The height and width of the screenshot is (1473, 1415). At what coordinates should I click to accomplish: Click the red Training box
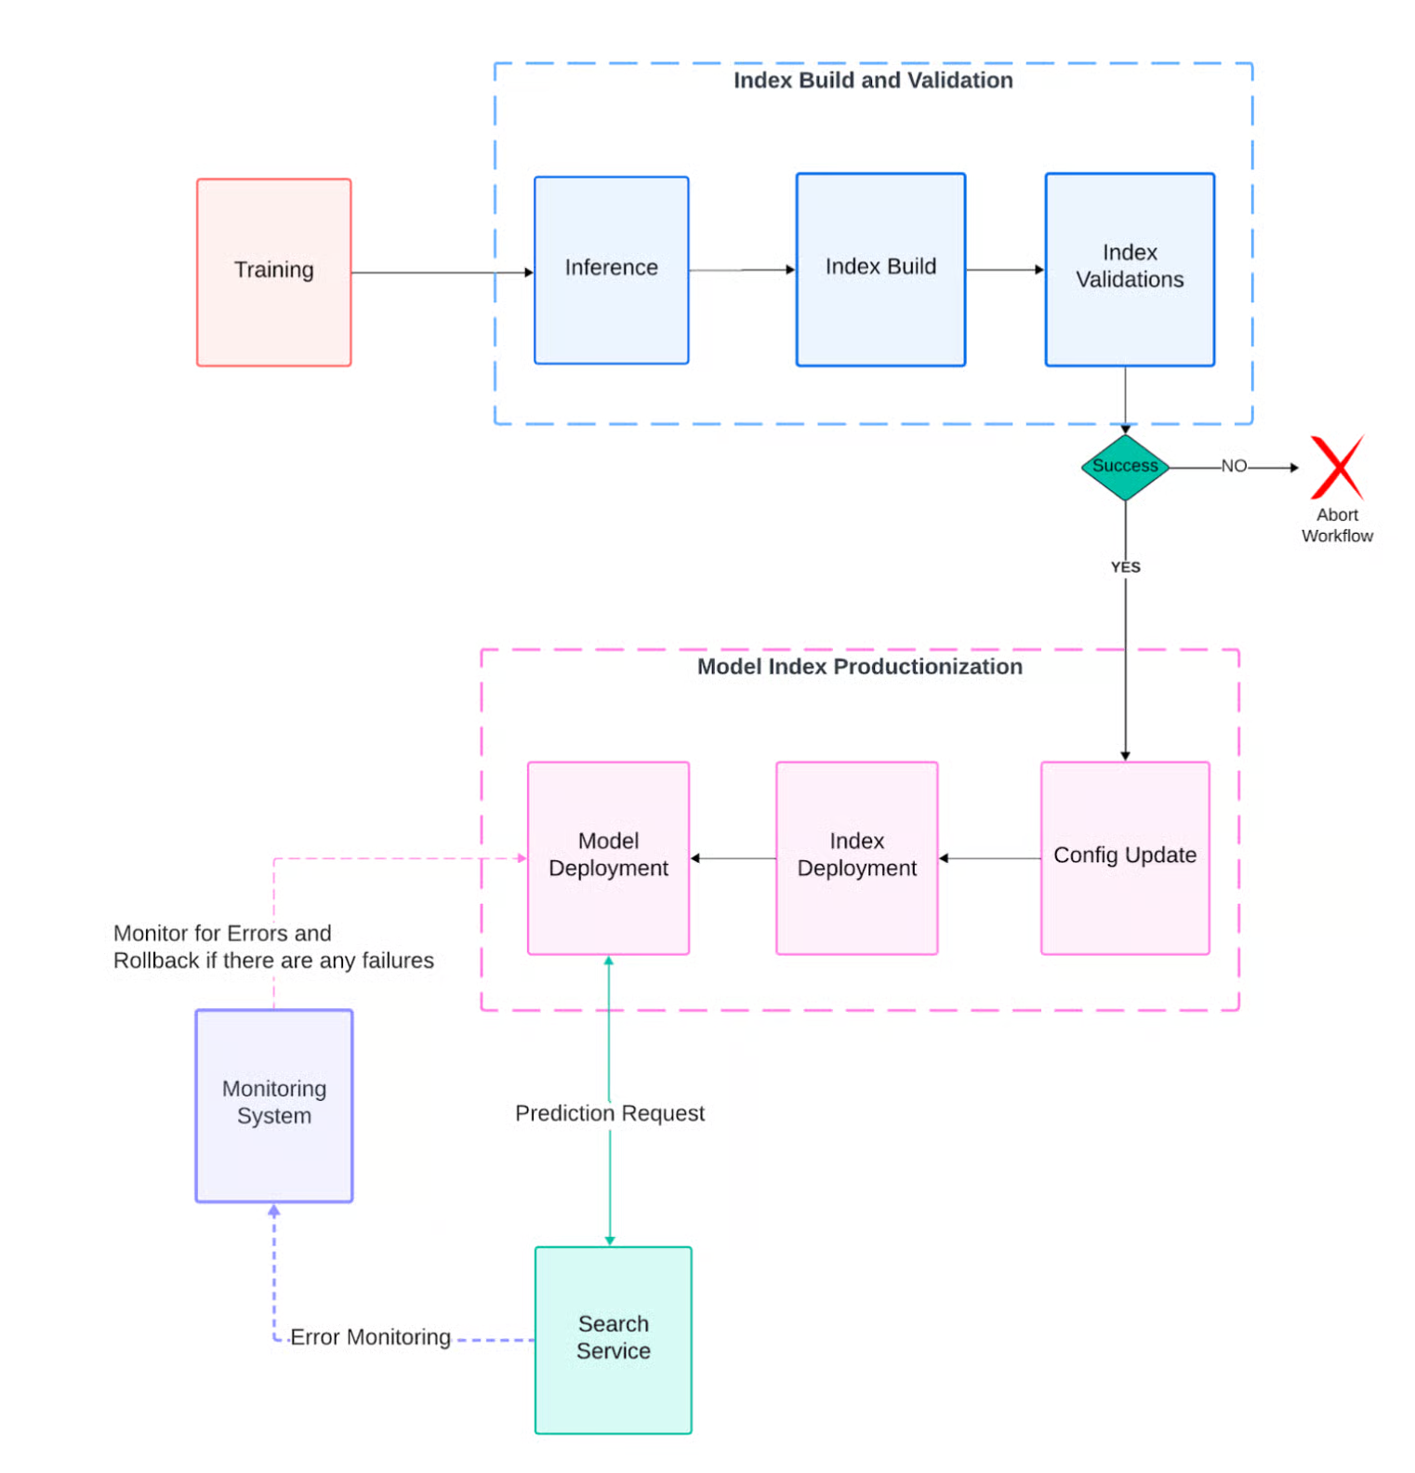click(x=273, y=272)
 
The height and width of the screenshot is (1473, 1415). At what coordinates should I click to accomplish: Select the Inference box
click(x=611, y=270)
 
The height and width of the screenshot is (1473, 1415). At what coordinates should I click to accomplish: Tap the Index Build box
click(x=880, y=269)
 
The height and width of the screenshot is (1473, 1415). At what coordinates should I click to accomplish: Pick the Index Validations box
click(x=1129, y=269)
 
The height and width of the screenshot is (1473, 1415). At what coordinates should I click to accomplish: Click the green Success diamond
click(x=1125, y=467)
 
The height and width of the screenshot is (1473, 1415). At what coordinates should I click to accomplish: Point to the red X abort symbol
click(x=1337, y=467)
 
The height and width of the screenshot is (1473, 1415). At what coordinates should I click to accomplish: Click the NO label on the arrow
click(x=1233, y=466)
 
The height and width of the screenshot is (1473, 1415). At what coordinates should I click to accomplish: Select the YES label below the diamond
click(x=1125, y=567)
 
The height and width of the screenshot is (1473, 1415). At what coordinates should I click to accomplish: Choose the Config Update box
click(x=1124, y=857)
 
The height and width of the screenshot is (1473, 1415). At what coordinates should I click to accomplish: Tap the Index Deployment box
click(x=856, y=857)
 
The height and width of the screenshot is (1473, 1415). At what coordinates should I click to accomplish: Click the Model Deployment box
click(x=608, y=857)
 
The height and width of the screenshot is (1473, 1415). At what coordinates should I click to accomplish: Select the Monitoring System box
click(x=273, y=1105)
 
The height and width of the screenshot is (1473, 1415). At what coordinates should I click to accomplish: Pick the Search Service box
click(x=613, y=1339)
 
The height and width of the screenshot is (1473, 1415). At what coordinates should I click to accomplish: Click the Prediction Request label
click(x=610, y=1113)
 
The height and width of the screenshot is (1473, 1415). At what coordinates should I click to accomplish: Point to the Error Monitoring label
click(x=370, y=1337)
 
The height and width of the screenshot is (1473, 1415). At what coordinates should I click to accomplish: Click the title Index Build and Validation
click(x=872, y=81)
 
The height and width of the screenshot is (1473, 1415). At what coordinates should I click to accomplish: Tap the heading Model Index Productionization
click(x=859, y=667)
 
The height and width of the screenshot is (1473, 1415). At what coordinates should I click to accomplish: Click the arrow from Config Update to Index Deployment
click(x=989, y=858)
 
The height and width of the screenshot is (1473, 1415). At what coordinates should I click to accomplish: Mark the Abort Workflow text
click(x=1336, y=525)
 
